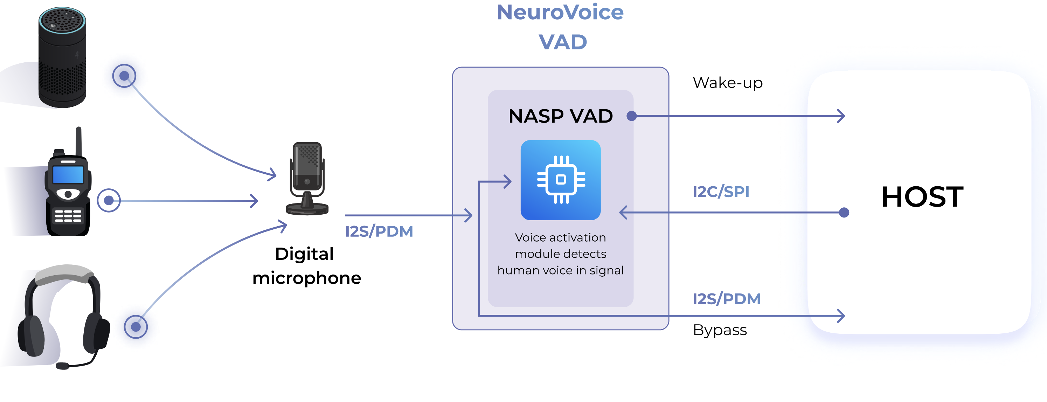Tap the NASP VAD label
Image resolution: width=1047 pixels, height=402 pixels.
561,116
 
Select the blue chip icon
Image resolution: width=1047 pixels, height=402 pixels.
561,180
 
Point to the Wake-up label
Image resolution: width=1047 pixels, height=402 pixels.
728,83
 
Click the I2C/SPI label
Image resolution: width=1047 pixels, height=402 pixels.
721,192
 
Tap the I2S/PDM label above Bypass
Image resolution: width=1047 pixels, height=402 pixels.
726,299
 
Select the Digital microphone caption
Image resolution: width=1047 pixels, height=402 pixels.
306,266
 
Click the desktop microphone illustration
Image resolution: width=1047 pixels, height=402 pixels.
307,179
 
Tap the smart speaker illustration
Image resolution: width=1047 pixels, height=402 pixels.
62,57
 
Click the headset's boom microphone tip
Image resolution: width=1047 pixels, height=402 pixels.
62,366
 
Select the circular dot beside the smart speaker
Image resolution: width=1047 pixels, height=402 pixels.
124,76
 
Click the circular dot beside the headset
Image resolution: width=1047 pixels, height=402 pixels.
136,327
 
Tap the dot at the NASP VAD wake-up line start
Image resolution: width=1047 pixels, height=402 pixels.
631,116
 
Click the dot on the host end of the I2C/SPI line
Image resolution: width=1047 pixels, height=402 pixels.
844,213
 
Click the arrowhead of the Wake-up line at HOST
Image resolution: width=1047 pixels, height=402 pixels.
843,116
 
